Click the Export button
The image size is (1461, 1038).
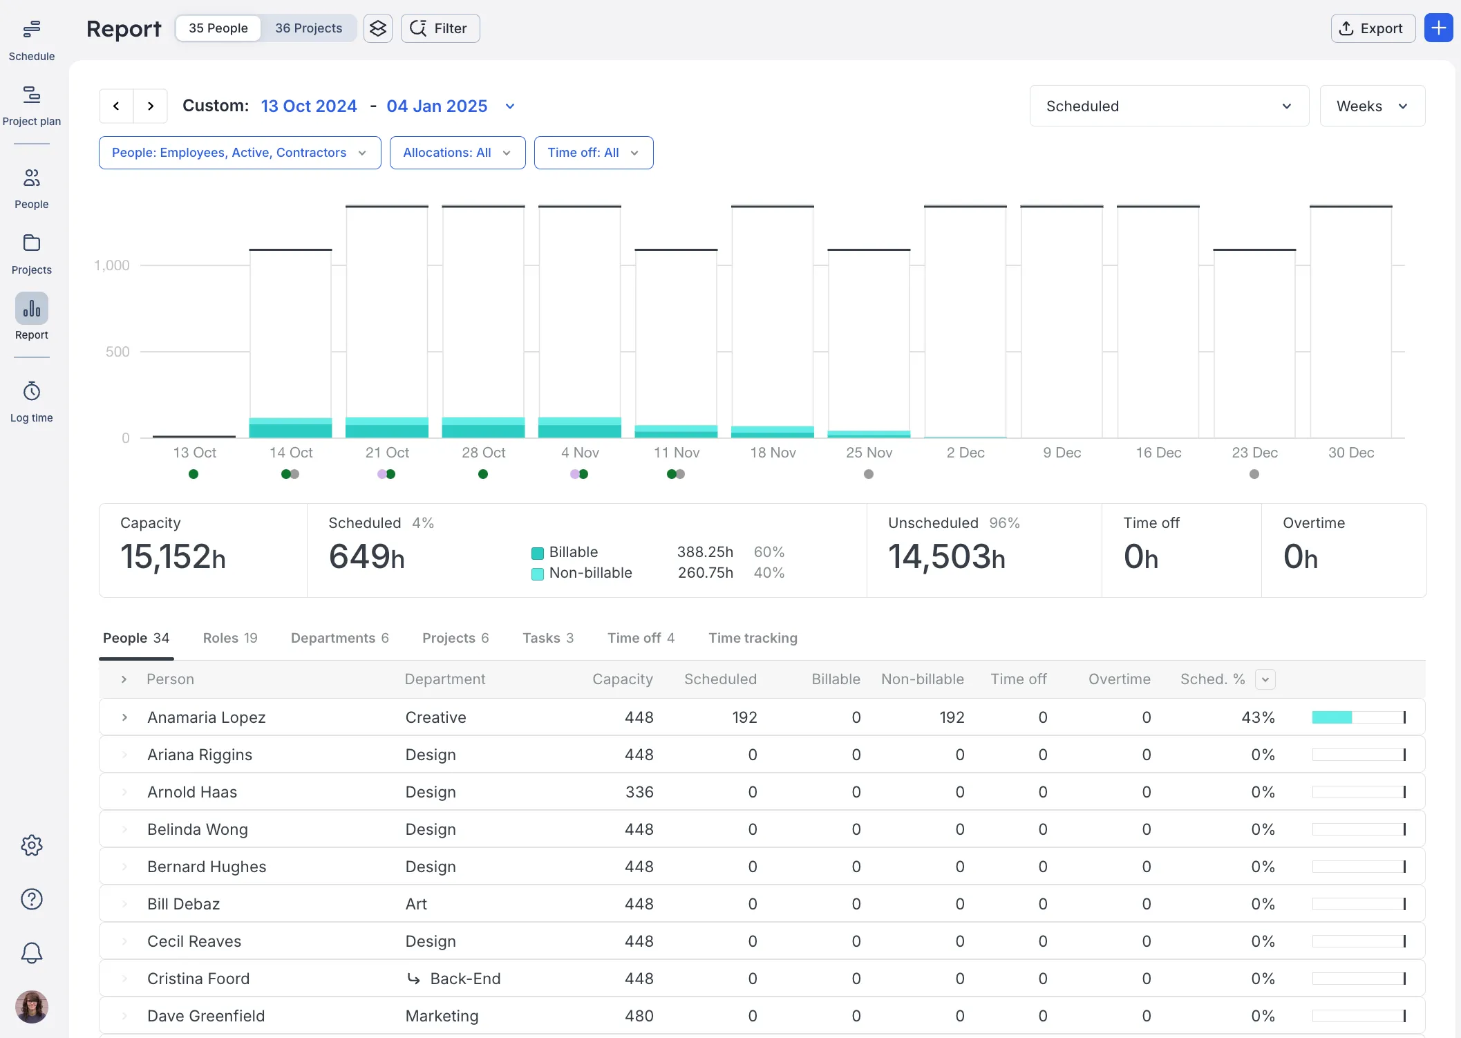click(1373, 28)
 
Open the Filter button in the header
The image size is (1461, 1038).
click(440, 28)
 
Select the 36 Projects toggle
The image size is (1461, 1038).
click(308, 28)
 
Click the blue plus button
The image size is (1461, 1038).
click(1438, 28)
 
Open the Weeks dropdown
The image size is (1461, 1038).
click(1372, 106)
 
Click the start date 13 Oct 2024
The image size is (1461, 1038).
click(309, 106)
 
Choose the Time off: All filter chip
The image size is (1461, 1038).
click(593, 153)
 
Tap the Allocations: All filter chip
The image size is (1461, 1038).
click(458, 153)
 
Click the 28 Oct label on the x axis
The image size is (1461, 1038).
click(484, 453)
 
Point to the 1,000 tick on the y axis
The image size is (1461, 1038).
click(112, 265)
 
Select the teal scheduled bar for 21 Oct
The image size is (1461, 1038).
click(387, 427)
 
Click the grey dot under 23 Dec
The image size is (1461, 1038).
click(1254, 474)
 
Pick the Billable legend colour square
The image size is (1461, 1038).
click(537, 553)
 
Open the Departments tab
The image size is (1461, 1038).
click(339, 638)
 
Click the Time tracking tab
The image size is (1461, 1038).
click(753, 638)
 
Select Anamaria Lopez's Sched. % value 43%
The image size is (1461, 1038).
click(1258, 717)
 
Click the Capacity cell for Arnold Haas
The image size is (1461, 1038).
click(639, 792)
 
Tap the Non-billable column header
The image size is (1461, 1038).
click(923, 679)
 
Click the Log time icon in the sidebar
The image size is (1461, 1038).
click(32, 392)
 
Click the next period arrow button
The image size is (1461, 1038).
click(151, 106)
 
